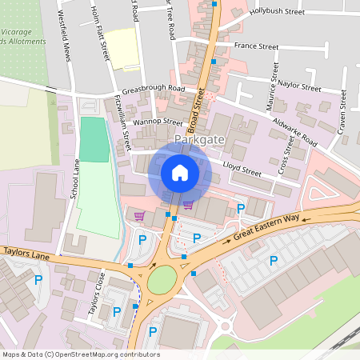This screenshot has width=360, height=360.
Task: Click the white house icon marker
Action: [x=179, y=172]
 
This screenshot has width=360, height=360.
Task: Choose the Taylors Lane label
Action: [x=26, y=251]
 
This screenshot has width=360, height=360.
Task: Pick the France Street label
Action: [x=257, y=46]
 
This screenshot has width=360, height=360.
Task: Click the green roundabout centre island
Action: [x=162, y=279]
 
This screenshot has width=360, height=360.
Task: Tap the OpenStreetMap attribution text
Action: [x=80, y=354]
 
